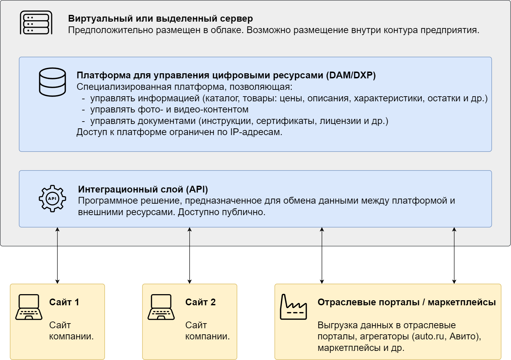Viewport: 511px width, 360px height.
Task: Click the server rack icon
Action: [36, 23]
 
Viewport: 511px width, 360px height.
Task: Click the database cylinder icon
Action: [52, 82]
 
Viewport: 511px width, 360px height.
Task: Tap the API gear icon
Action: [52, 198]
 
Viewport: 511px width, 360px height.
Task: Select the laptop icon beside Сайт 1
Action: [29, 307]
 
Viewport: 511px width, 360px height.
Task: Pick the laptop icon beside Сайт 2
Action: [161, 307]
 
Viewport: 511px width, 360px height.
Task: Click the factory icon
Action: [293, 307]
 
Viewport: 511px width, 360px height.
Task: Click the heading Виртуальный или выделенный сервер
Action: [160, 19]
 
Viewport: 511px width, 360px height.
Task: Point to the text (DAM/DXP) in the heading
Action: [351, 75]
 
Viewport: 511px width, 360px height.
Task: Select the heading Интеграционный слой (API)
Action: [143, 189]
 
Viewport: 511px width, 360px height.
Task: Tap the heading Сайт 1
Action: [64, 302]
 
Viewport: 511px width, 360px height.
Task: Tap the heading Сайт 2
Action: [200, 302]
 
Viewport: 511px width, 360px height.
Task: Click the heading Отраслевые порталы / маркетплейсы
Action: [407, 302]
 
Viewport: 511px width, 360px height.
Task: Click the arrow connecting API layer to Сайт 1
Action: [57, 255]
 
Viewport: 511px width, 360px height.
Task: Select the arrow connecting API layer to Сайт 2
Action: [190, 255]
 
